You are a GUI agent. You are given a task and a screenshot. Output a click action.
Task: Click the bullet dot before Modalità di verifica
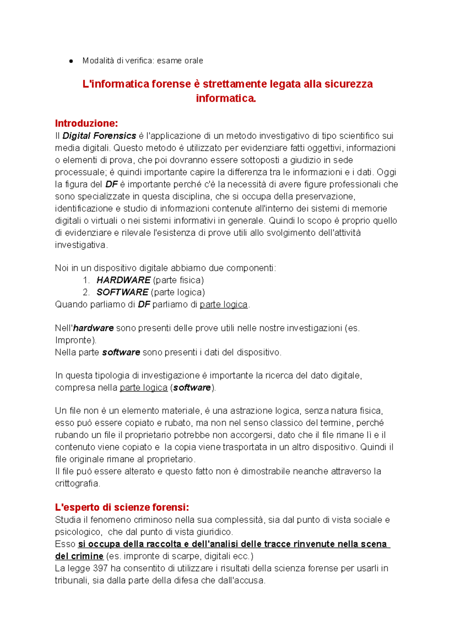pyautogui.click(x=71, y=61)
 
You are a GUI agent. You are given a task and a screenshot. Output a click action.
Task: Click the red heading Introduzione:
pyautogui.click(x=86, y=123)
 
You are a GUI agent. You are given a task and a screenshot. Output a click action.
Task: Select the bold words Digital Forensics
pyautogui.click(x=99, y=136)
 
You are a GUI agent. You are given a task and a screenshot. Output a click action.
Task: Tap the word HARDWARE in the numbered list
pyautogui.click(x=123, y=280)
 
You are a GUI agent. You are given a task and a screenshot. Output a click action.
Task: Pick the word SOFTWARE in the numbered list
pyautogui.click(x=122, y=292)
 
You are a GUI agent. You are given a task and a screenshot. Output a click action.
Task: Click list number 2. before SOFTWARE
pyautogui.click(x=86, y=292)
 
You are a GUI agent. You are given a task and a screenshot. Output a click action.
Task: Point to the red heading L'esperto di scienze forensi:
pyautogui.click(x=122, y=507)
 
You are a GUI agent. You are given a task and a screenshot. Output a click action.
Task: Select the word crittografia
pyautogui.click(x=77, y=484)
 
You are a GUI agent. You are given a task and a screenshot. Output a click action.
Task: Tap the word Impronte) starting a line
pyautogui.click(x=75, y=340)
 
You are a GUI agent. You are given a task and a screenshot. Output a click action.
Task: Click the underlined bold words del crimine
pyautogui.click(x=79, y=556)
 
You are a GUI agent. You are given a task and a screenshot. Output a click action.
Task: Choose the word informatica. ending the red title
pyautogui.click(x=226, y=98)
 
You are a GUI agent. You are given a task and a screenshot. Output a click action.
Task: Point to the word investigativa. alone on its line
pyautogui.click(x=81, y=245)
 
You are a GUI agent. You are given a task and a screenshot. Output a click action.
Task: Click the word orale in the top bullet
pyautogui.click(x=193, y=61)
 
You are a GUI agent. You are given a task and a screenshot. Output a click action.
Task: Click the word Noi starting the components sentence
pyautogui.click(x=61, y=268)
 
